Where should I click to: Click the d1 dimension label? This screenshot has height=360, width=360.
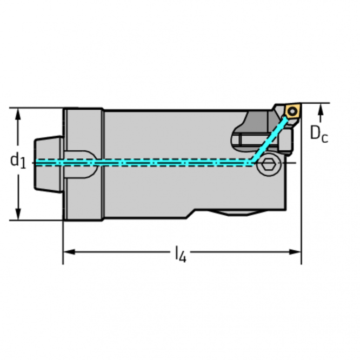pos(18,160)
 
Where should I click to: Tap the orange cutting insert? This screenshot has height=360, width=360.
pos(292,111)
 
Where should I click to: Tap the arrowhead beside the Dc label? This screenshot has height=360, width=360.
pos(322,110)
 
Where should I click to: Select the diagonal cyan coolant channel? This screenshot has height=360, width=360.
pos(268,141)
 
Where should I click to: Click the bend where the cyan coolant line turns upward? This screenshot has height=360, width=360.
pos(251,162)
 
